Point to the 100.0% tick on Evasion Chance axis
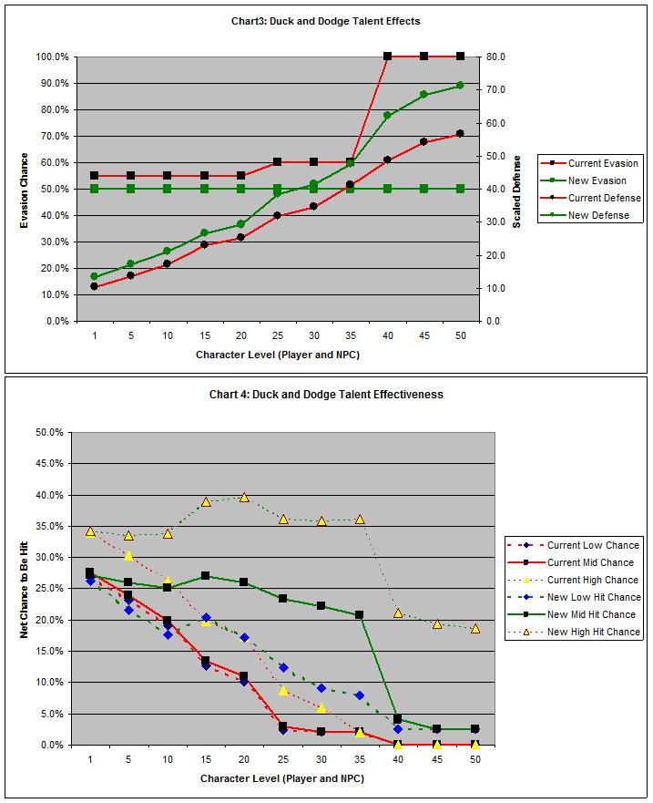click(52, 57)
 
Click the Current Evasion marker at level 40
click(387, 57)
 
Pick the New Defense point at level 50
click(460, 86)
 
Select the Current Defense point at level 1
click(94, 286)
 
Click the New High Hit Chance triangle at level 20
click(244, 497)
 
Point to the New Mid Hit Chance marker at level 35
click(360, 615)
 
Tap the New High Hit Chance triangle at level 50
click(475, 628)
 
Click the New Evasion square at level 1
click(94, 189)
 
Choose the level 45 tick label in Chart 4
click(436, 760)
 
